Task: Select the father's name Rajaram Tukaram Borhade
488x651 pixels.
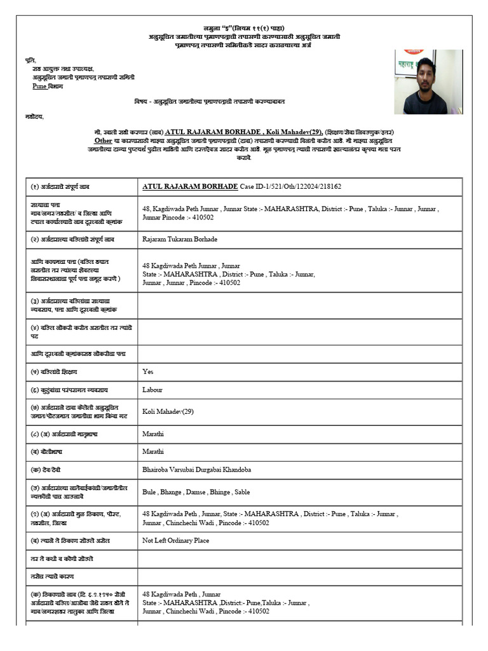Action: tap(180, 239)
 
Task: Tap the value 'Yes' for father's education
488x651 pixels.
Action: tap(148, 371)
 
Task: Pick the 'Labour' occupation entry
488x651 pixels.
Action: tap(152, 390)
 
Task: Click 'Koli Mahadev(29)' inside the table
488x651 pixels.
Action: tap(168, 411)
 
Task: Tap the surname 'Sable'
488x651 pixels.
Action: tap(242, 492)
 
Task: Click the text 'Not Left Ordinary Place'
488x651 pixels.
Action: tap(176, 540)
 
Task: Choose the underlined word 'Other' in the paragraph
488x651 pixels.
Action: tap(103, 140)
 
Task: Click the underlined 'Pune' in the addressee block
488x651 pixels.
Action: tap(39, 86)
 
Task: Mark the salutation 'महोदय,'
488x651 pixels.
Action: tap(35, 117)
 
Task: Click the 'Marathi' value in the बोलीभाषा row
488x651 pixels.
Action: tap(153, 451)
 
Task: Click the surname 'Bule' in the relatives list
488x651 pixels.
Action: tap(150, 492)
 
